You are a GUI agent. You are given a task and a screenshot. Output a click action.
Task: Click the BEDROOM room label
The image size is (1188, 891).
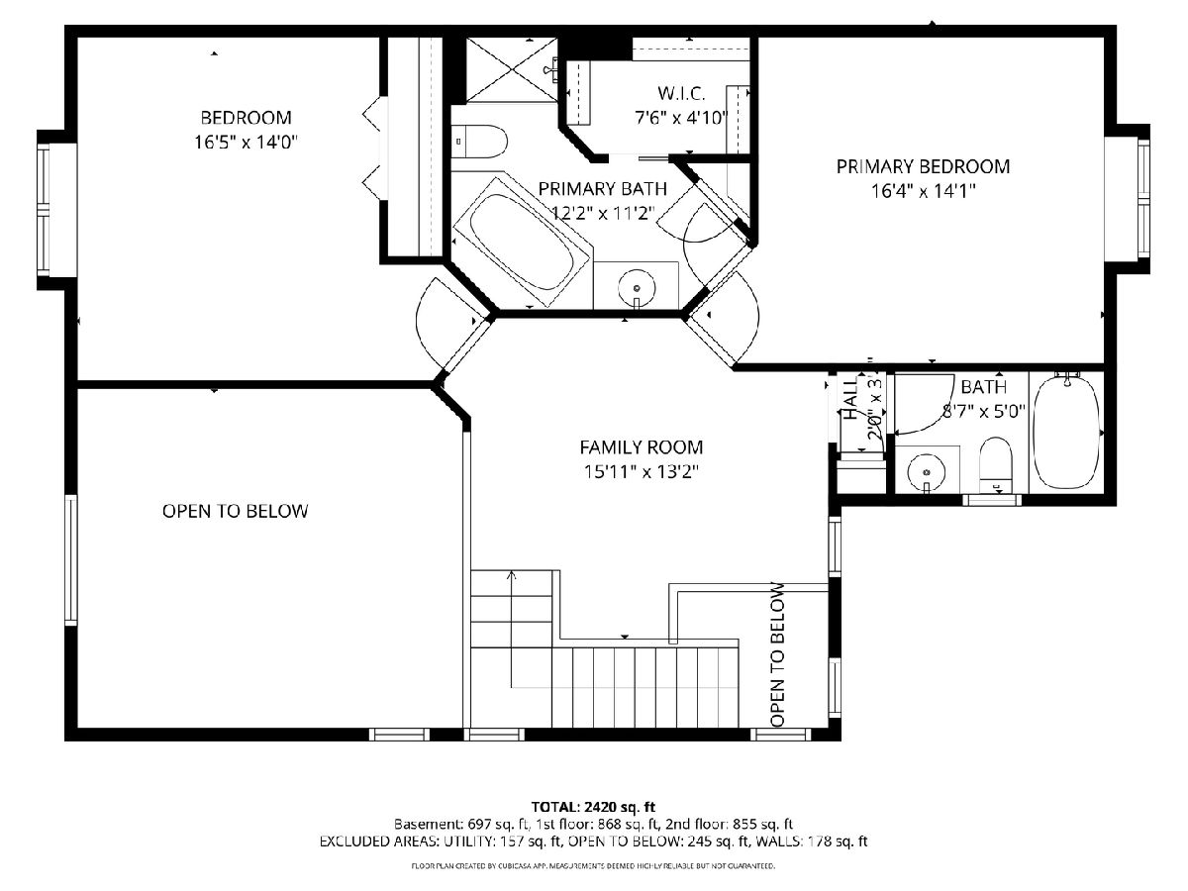point(246,118)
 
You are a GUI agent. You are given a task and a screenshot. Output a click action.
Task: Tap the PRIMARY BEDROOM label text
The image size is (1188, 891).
point(923,166)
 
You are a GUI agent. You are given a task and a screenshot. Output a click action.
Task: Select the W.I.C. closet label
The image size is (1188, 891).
point(681,93)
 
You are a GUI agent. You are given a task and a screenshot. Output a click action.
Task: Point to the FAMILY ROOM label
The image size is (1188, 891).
point(641,447)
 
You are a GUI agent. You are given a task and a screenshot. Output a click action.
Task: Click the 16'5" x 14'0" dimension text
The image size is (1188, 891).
point(247,143)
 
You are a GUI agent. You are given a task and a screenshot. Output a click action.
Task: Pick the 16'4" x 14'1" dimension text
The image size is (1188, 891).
point(923,191)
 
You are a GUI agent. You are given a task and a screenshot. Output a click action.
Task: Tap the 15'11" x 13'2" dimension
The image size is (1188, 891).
point(641,472)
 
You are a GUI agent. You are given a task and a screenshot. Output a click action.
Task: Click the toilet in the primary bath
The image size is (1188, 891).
point(479,142)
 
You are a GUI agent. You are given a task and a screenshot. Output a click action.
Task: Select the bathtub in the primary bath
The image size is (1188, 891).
point(522,242)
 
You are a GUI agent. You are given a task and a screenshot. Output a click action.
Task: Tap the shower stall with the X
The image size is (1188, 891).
point(512,69)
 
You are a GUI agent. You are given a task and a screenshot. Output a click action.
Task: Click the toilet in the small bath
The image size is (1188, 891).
point(996,465)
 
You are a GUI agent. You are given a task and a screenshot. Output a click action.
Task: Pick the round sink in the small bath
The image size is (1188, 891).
point(926,472)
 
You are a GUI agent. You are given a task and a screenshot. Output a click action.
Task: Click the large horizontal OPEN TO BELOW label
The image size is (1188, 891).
point(236,511)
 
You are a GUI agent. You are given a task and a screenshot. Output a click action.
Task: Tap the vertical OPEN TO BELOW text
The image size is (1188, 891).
point(777,654)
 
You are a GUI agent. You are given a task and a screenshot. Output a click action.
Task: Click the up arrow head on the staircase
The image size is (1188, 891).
point(511,574)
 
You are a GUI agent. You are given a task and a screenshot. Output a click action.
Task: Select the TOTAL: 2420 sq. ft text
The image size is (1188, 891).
point(593,808)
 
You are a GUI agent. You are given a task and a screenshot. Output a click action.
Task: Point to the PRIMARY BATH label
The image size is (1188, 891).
point(602,189)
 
